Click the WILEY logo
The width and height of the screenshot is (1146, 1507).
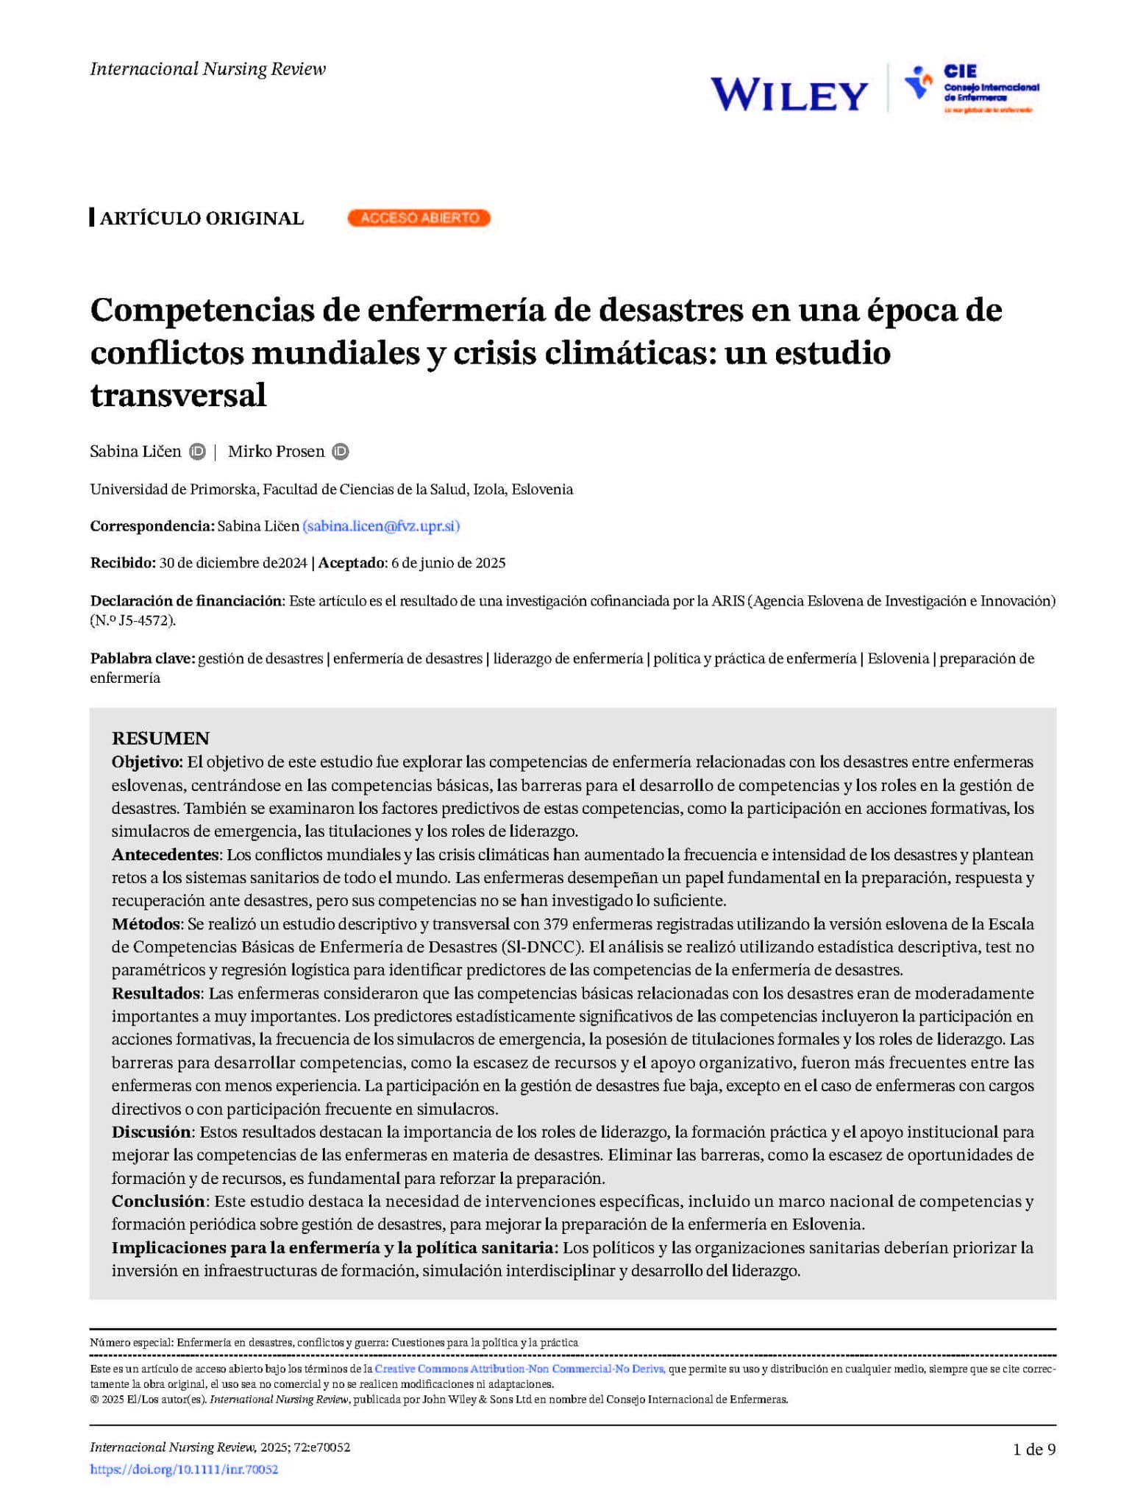tap(789, 95)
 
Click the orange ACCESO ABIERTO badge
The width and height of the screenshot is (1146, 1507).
tap(419, 218)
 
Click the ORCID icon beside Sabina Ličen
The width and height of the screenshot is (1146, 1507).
tap(197, 452)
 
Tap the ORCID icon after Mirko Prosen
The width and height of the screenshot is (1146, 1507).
tap(340, 452)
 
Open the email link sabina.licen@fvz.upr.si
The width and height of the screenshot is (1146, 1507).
tap(381, 526)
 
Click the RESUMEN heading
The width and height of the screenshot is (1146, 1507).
tap(160, 738)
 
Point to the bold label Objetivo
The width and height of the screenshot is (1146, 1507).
tap(146, 762)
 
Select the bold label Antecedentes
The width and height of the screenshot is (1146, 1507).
tap(166, 855)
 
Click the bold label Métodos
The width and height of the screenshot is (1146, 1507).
tap(146, 924)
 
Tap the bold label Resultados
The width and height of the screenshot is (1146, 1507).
tap(156, 993)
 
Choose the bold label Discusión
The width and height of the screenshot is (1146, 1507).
tap(152, 1132)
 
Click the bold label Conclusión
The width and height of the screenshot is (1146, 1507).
tap(158, 1202)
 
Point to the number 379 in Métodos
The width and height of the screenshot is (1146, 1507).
tap(555, 924)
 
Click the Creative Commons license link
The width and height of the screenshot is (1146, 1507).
tap(519, 1369)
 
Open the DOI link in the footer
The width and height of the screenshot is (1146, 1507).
tap(184, 1469)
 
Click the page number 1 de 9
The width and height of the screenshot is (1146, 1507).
tap(1033, 1450)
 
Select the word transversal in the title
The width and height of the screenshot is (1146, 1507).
tap(178, 395)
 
